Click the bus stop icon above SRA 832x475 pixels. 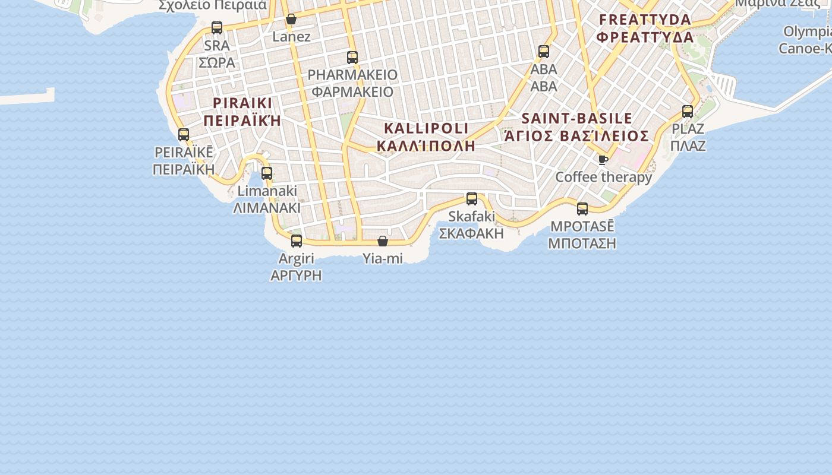tap(217, 27)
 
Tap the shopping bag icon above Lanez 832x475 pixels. tap(291, 19)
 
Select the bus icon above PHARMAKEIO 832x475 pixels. tap(352, 58)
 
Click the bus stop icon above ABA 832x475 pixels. tap(544, 52)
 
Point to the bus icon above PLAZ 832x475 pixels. tap(688, 111)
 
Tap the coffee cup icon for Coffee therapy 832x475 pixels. tap(603, 160)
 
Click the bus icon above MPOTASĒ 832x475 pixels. tap(582, 208)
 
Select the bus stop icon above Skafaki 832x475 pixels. tap(472, 199)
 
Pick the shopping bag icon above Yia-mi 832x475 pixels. tap(383, 241)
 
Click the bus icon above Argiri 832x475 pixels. tap(297, 240)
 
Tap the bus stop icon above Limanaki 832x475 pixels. tap(267, 173)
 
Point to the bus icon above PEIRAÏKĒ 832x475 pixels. tap(184, 135)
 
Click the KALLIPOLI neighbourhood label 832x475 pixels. tap(426, 128)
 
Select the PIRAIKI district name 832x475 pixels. tap(242, 103)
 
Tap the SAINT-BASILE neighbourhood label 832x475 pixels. tap(576, 118)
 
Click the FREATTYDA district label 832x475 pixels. tap(645, 20)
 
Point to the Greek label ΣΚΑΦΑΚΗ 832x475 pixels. tap(471, 233)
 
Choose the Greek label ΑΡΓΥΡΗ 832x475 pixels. tap(296, 275)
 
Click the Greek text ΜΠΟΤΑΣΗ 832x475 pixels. tap(582, 243)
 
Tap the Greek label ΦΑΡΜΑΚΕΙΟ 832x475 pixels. tap(352, 92)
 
